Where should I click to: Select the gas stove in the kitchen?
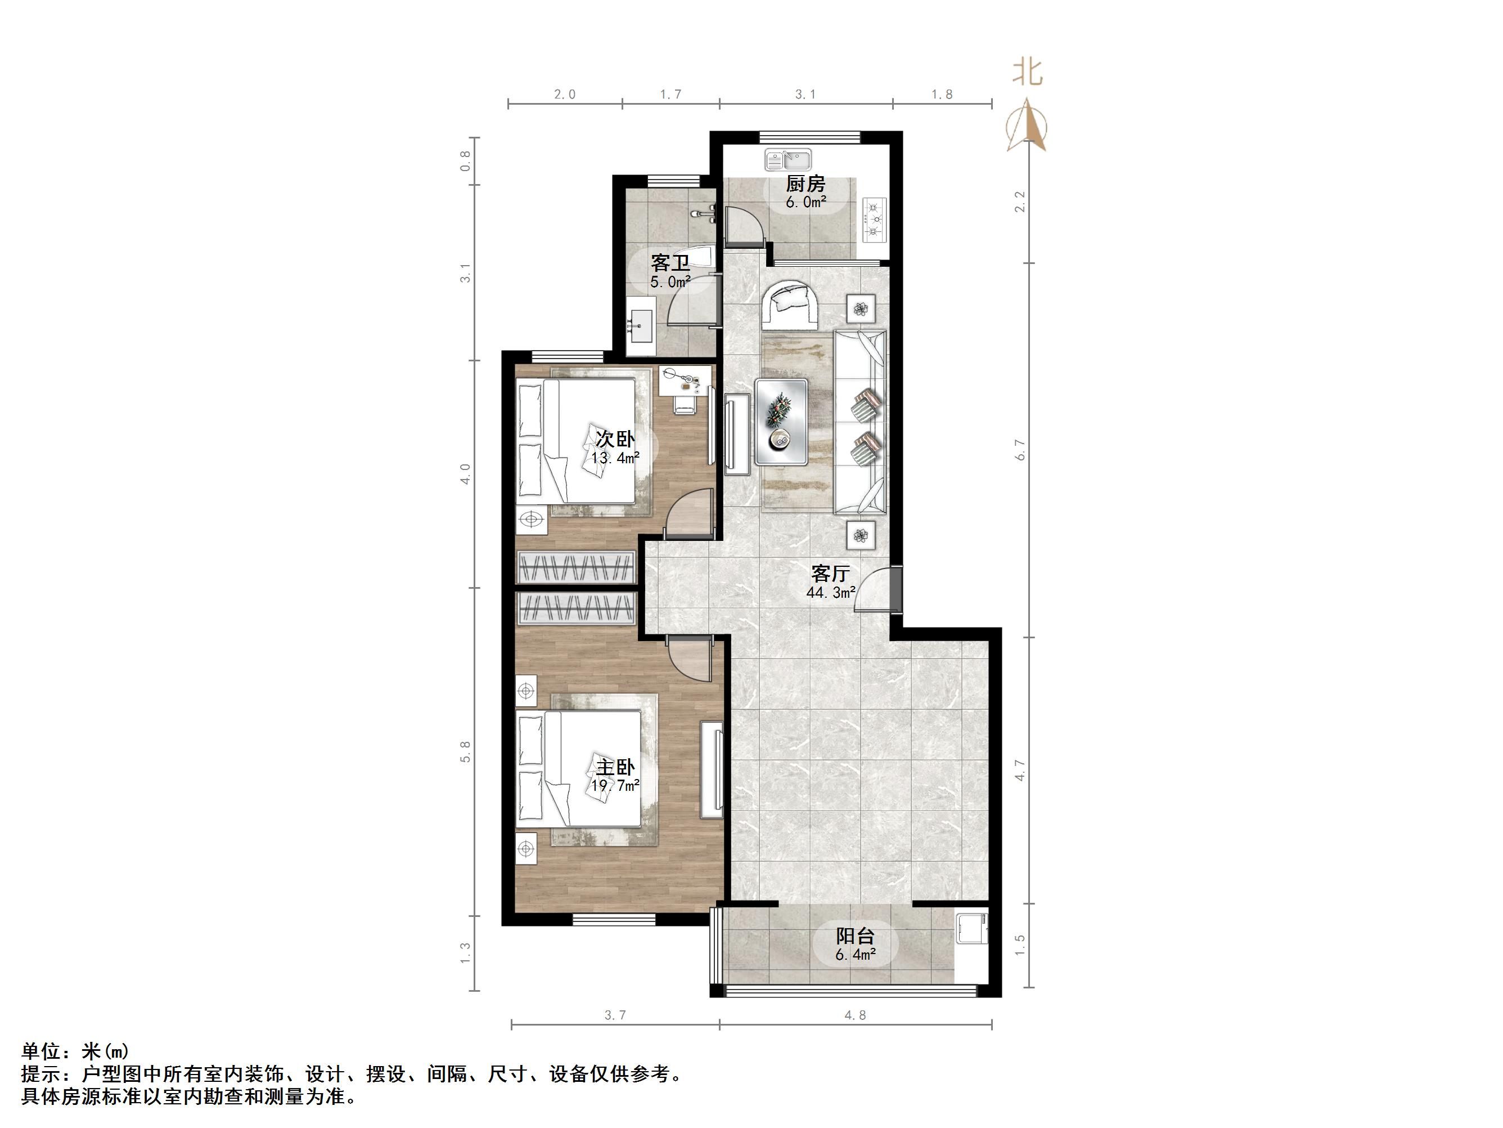pyautogui.click(x=875, y=219)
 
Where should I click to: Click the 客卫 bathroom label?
pyautogui.click(x=670, y=262)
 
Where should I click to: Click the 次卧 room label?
pyautogui.click(x=615, y=438)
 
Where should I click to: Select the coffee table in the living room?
pyautogui.click(x=781, y=422)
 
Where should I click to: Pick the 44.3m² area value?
pyautogui.click(x=830, y=593)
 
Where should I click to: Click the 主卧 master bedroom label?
pyautogui.click(x=615, y=767)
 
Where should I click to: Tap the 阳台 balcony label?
pyautogui.click(x=855, y=936)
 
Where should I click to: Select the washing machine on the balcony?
pyautogui.click(x=971, y=929)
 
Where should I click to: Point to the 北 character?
pyautogui.click(x=1027, y=71)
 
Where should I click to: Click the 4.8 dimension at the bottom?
pyautogui.click(x=855, y=1015)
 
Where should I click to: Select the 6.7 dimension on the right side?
pyautogui.click(x=1019, y=449)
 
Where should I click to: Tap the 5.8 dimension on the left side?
pyautogui.click(x=465, y=751)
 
